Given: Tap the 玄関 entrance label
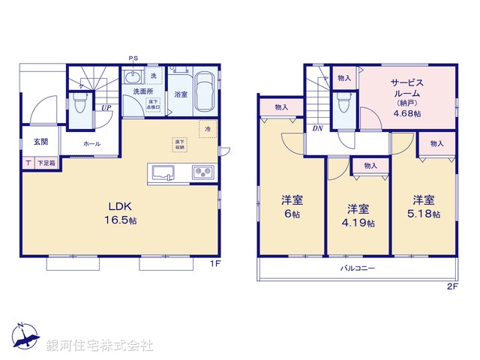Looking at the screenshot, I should (x=40, y=142).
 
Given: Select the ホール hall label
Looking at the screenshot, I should (x=91, y=143).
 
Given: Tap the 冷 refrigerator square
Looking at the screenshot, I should (x=207, y=130).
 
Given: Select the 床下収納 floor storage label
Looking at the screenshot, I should (x=180, y=143).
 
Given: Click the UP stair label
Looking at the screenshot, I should (x=106, y=108).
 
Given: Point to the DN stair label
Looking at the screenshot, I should (x=318, y=128).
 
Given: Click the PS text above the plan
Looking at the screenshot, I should (x=133, y=58).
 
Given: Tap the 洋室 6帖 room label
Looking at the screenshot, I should (x=292, y=206).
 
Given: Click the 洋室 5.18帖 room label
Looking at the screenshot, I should (x=424, y=206).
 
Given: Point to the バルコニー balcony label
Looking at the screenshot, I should (x=358, y=268).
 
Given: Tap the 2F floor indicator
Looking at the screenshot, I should (x=451, y=287).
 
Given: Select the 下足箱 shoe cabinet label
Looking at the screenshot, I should (x=46, y=163).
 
